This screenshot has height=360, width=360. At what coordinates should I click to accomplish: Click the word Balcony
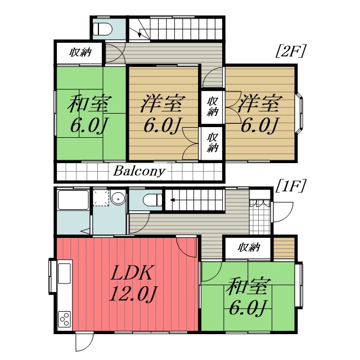click(139, 171)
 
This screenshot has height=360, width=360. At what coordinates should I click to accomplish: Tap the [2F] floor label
click(290, 51)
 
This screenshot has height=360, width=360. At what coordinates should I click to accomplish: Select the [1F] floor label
click(290, 186)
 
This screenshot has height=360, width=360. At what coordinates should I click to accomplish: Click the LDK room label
click(131, 273)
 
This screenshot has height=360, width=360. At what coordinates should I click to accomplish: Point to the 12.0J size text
click(133, 294)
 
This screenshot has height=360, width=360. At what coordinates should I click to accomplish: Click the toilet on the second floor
click(102, 29)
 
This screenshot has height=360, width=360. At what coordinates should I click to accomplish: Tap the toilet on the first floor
click(152, 200)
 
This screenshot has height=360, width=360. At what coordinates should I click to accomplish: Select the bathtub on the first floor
click(73, 200)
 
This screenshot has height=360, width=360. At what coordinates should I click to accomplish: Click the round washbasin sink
click(118, 198)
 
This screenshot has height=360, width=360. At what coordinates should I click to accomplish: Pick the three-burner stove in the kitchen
click(65, 319)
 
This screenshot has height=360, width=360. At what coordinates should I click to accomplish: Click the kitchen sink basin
click(65, 273)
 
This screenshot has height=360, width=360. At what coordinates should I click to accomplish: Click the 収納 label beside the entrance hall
click(249, 247)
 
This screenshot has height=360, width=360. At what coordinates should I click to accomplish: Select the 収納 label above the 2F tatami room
click(80, 52)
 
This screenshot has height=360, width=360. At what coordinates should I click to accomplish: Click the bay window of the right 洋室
click(299, 112)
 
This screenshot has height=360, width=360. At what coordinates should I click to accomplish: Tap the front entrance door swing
click(283, 212)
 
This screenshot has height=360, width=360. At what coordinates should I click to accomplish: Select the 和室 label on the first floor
click(246, 286)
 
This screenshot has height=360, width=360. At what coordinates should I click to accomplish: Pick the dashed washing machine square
click(101, 198)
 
